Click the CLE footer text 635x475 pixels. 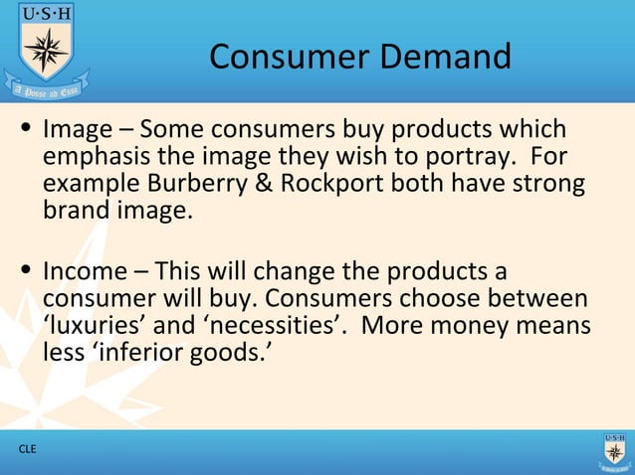(x=27, y=450)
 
